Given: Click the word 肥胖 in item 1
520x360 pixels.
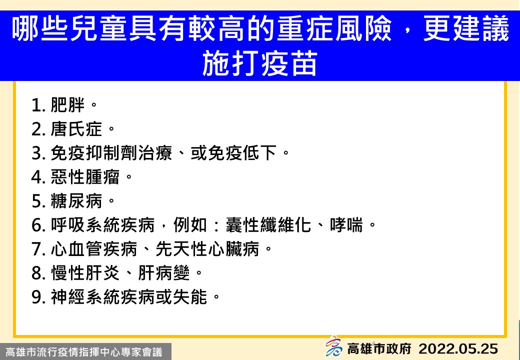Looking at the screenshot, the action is pos(67,105).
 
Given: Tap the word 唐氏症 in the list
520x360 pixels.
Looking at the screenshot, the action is pos(76,129).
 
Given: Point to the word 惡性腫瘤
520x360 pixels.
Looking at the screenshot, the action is pos(85,177).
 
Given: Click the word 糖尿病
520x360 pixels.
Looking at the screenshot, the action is pos(76,201).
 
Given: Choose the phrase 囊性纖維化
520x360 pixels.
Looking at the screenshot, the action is pos(268,225).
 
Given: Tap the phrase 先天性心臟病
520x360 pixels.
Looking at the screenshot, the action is pos(207,249).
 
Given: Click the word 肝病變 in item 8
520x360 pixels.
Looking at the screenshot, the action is pos(164,273).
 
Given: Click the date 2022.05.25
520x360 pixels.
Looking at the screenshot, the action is pos(458,349).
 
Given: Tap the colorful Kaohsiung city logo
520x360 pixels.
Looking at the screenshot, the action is pos(333,346).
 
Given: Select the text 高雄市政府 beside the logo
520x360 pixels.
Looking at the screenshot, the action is pos(379,348).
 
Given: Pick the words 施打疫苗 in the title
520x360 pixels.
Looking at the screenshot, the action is pos(259,63).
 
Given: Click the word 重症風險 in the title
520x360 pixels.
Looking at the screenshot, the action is pos(334,29).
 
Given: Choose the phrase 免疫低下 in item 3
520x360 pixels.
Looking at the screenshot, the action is pos(242,153).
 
